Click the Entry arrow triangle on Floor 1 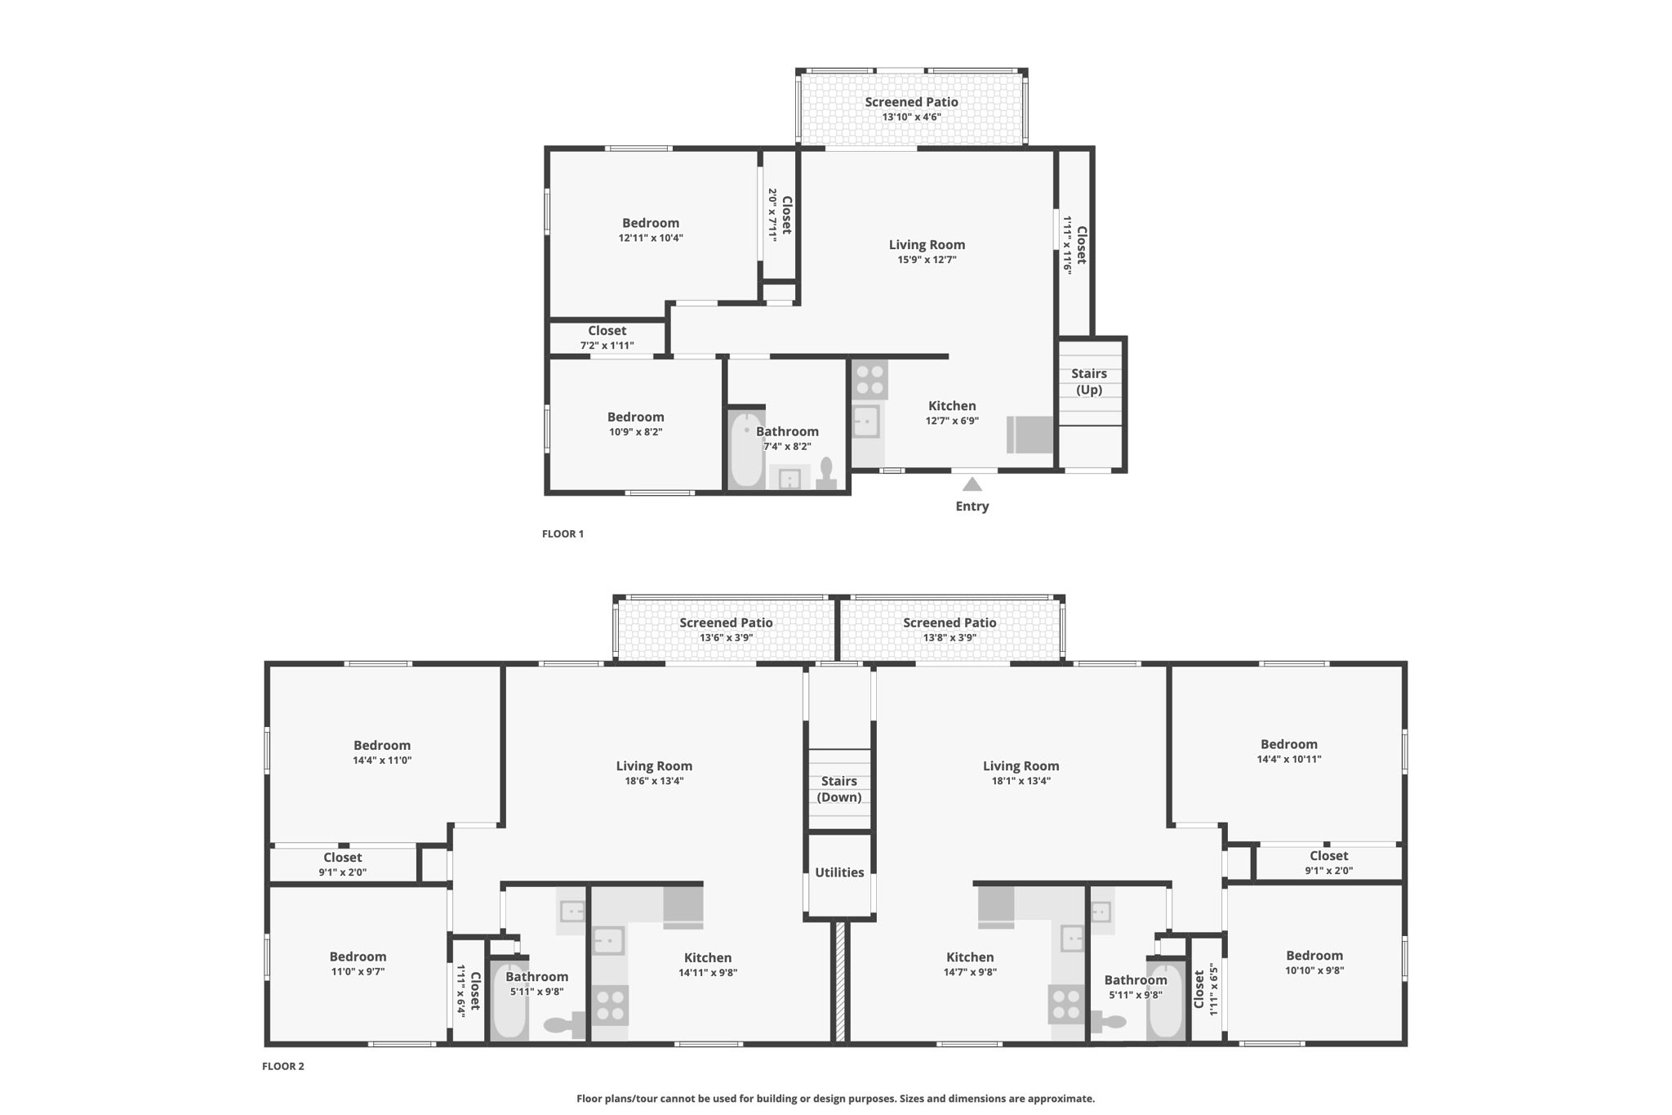[x=972, y=484]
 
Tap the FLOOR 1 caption [x=563, y=534]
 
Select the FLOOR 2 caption [x=282, y=1066]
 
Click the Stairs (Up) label [x=1089, y=381]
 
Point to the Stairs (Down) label [x=839, y=789]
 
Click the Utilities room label [x=839, y=872]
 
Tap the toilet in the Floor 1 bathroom [x=826, y=474]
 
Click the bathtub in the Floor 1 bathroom [x=745, y=449]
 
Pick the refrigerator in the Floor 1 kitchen [x=1030, y=435]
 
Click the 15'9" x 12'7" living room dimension [x=927, y=260]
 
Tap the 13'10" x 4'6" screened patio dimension [x=911, y=117]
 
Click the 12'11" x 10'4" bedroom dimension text [x=651, y=239]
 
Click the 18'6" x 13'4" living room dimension [x=653, y=781]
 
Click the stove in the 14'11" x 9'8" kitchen [x=610, y=1005]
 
